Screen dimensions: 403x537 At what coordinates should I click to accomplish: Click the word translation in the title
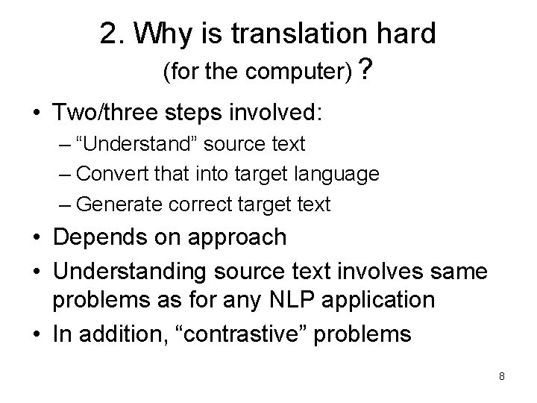(x=289, y=34)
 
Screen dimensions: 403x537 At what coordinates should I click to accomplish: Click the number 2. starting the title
(x=112, y=34)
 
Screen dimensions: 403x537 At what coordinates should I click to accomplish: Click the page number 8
(x=502, y=376)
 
